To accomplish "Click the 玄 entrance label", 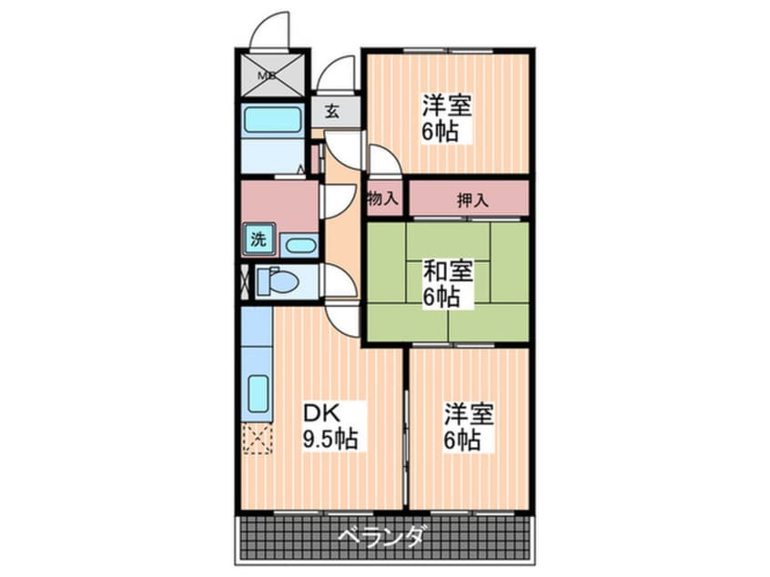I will (x=332, y=113).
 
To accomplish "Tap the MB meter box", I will (x=271, y=76).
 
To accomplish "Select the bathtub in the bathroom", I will (x=272, y=119).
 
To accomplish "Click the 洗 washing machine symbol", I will (x=258, y=241).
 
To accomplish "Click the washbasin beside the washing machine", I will (x=299, y=244).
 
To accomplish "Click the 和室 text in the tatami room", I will (x=447, y=270).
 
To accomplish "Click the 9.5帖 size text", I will (x=329, y=440).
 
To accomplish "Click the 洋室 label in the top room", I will (x=446, y=105).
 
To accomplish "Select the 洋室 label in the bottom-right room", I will (x=469, y=415).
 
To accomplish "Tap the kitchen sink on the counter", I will (x=258, y=394).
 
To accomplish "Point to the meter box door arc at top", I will (x=271, y=29).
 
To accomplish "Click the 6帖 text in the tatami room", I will (x=440, y=296).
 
